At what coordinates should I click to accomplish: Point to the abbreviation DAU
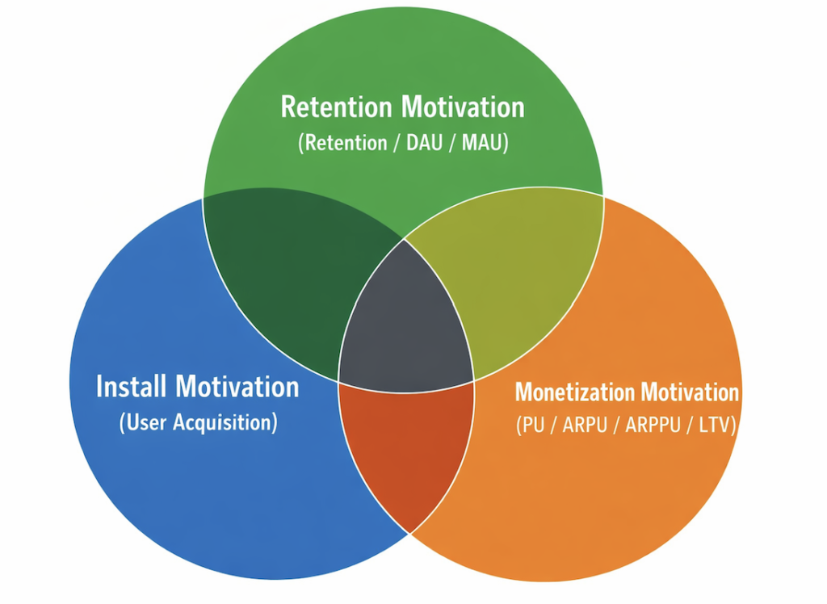(424, 143)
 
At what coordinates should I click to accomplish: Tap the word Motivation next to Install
(237, 387)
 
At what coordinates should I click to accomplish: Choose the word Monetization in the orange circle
(570, 392)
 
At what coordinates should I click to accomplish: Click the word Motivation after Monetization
(685, 392)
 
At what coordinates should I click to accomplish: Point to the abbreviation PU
(535, 426)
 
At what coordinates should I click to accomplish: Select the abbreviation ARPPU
(653, 426)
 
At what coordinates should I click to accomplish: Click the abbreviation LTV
(713, 426)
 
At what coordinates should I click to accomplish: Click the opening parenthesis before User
(123, 422)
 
